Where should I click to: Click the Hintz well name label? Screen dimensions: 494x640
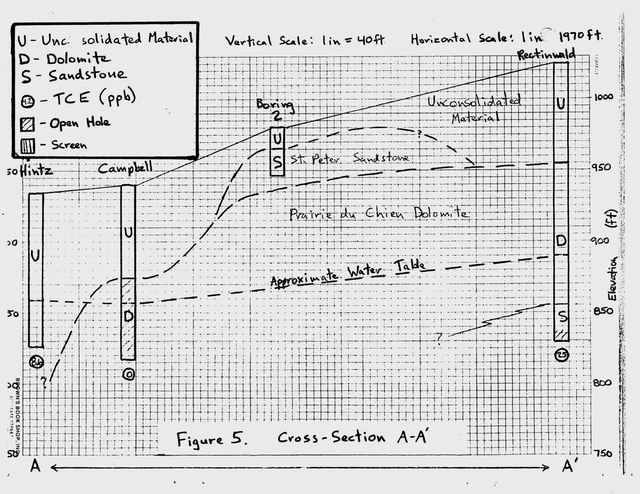point(37,171)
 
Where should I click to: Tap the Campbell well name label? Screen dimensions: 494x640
point(125,168)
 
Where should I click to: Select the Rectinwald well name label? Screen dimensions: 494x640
point(547,55)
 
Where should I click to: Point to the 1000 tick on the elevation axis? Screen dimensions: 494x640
point(604,97)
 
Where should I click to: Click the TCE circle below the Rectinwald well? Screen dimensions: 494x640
point(562,355)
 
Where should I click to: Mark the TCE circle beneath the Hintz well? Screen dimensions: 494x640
point(37,362)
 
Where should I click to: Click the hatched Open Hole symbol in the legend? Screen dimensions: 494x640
point(28,124)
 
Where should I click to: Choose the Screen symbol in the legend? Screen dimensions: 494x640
point(28,146)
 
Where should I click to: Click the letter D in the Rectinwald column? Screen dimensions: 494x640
point(561,241)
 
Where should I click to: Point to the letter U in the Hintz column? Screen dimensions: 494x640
point(35,256)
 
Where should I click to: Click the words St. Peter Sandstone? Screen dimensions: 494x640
point(349,158)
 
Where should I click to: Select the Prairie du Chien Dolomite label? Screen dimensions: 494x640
point(379,214)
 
